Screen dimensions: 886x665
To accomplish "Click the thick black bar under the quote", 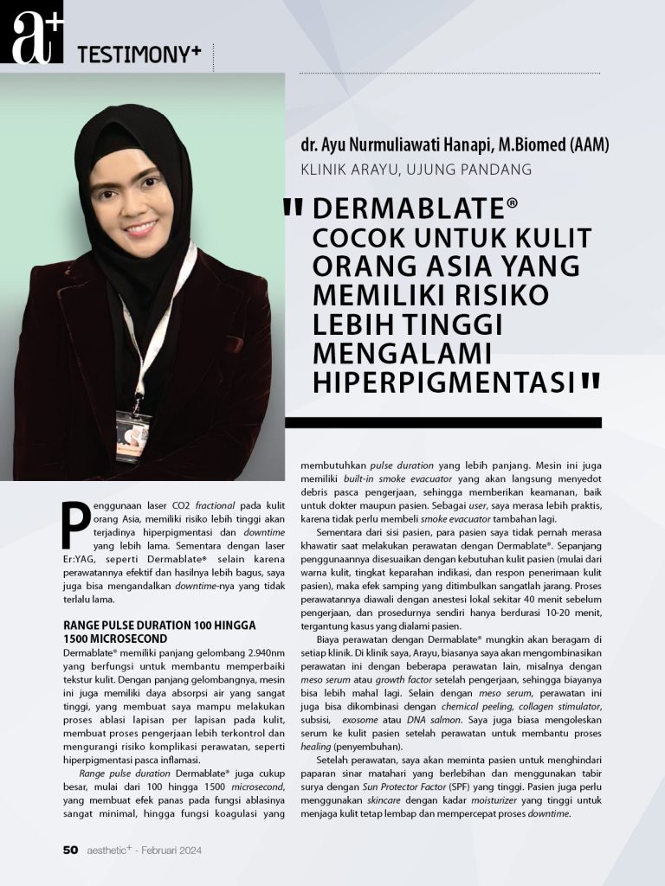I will tap(442, 422).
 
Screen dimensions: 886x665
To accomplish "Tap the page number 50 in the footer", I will tap(70, 851).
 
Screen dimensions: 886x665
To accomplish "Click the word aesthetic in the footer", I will tap(109, 851).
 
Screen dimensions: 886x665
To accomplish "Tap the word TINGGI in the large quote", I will tap(441, 324).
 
